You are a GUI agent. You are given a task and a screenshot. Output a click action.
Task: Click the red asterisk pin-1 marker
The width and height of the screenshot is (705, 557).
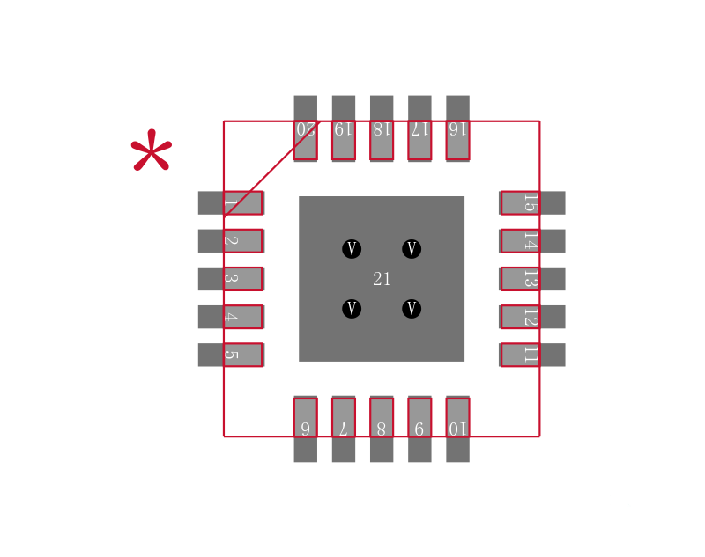(x=152, y=150)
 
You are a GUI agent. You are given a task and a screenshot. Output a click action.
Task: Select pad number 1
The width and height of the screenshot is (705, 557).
(x=231, y=203)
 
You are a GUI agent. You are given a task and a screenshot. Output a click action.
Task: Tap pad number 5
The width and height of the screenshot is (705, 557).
(x=231, y=355)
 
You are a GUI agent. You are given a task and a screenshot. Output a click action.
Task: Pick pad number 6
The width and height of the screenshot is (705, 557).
(x=305, y=429)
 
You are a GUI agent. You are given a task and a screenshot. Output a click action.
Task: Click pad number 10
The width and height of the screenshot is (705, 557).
(x=457, y=429)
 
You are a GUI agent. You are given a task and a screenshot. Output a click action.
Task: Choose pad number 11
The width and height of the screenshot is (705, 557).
(x=532, y=355)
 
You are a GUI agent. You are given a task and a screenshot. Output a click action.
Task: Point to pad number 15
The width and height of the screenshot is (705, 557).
(x=532, y=203)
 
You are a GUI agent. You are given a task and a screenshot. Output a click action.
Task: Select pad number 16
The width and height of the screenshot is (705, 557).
(x=457, y=128)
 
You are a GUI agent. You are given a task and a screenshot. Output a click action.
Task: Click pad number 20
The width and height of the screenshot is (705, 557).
(x=305, y=128)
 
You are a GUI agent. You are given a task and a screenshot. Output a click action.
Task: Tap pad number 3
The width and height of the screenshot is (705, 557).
(x=231, y=279)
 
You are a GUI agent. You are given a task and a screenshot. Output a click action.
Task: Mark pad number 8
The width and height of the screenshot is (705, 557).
(x=382, y=429)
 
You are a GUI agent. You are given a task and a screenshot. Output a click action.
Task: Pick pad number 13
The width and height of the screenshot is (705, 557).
(x=532, y=279)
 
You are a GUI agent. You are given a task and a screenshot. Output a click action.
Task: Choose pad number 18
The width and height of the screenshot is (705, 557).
(x=382, y=128)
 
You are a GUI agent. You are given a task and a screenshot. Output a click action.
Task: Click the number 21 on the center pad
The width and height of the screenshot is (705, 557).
(x=382, y=279)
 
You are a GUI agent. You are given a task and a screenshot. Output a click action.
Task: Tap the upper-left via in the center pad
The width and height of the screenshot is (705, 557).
(x=352, y=249)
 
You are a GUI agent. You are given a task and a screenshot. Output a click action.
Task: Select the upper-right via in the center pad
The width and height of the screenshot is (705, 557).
(x=412, y=249)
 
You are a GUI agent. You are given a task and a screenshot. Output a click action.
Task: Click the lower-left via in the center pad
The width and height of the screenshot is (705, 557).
(x=352, y=309)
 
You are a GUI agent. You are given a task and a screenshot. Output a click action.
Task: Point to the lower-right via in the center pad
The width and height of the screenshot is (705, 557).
(x=412, y=309)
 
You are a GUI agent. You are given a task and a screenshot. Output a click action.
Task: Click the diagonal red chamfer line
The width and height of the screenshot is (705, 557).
(x=271, y=169)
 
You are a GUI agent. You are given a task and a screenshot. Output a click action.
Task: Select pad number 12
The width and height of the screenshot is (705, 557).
(x=532, y=317)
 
